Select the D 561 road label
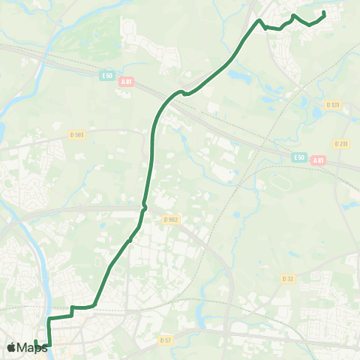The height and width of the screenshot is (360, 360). [76, 135]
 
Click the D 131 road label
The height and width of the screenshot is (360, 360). [333, 105]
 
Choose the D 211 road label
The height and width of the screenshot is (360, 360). [340, 144]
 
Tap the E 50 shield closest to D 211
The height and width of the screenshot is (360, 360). [298, 157]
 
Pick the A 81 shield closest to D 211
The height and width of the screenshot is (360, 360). [319, 160]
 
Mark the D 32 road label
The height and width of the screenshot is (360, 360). [288, 279]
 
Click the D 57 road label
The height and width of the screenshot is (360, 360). [165, 340]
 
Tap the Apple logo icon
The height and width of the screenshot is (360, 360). [11, 346]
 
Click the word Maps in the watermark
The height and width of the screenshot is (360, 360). [32, 347]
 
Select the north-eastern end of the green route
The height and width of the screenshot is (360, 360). [324, 13]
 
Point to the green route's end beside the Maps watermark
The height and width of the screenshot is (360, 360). [35, 341]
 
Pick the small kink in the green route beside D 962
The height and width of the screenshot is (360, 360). [143, 205]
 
